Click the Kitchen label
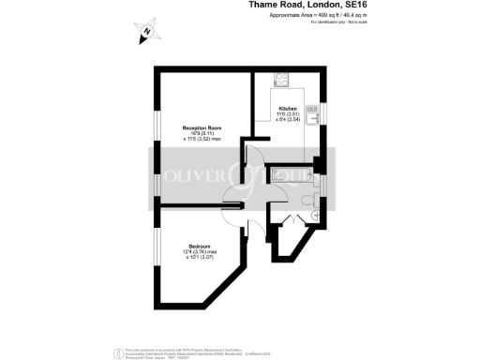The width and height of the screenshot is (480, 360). point(287,110)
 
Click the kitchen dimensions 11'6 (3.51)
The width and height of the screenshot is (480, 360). point(287,115)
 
